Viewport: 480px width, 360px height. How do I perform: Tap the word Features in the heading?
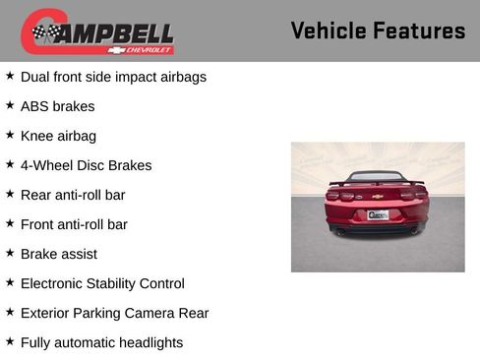[x=420, y=30]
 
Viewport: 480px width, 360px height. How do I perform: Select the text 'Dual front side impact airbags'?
[x=113, y=77]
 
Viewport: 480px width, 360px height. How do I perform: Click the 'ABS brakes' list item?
[x=57, y=106]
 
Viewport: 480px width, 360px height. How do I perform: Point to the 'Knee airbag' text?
[x=58, y=136]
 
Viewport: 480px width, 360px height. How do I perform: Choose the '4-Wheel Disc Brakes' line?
[x=86, y=165]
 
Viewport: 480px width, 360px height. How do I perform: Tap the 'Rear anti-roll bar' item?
[x=73, y=195]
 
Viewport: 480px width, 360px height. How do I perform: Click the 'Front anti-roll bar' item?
[x=74, y=224]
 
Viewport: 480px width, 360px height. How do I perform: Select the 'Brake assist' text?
[x=59, y=254]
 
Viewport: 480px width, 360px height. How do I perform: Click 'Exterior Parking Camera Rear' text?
[x=114, y=313]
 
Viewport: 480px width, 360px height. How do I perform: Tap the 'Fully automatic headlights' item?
[x=101, y=342]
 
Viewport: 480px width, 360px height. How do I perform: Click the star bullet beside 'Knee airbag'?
[x=10, y=135]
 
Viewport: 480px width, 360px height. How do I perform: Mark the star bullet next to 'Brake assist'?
[x=10, y=253]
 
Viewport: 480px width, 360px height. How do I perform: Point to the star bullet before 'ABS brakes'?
[x=10, y=105]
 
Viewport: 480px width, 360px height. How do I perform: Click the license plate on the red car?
[x=378, y=213]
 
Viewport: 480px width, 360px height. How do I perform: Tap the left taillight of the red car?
[x=341, y=197]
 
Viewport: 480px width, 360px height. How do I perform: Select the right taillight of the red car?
[x=414, y=196]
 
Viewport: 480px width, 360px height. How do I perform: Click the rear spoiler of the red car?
[x=378, y=182]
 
